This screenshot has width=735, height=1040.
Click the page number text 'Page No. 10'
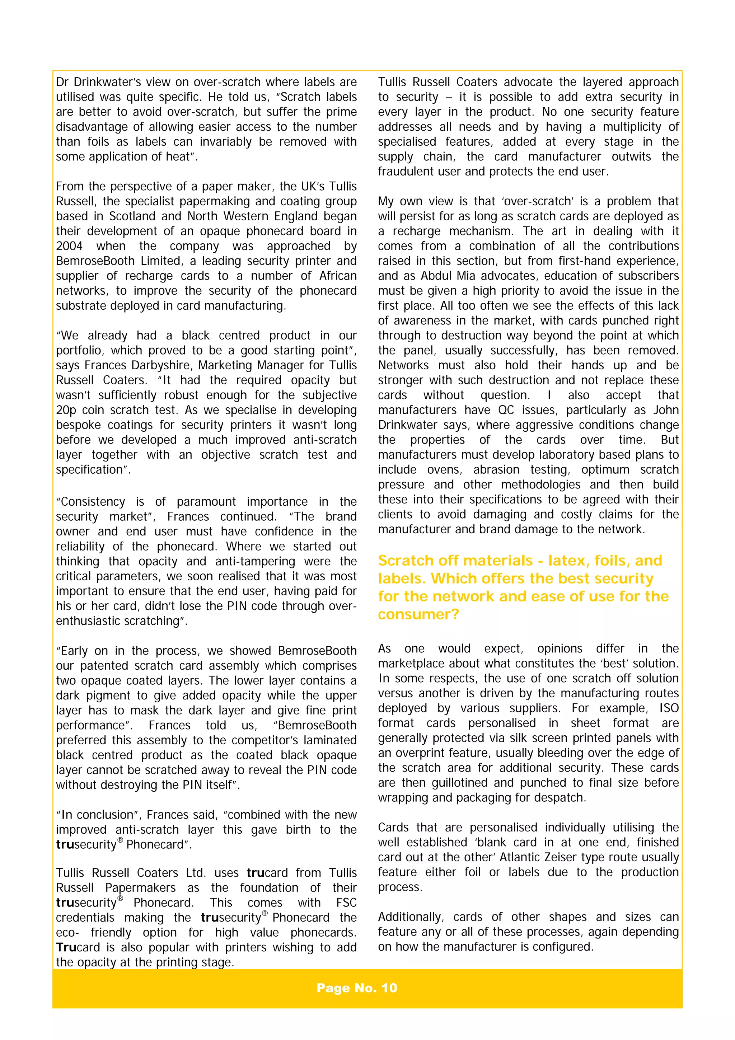(357, 988)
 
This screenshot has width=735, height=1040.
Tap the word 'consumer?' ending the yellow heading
(418, 614)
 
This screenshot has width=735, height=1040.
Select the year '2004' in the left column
(69, 246)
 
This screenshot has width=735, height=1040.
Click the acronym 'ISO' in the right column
(669, 708)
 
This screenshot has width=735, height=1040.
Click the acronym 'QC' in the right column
(507, 410)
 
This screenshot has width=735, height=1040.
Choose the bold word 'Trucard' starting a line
(78, 947)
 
